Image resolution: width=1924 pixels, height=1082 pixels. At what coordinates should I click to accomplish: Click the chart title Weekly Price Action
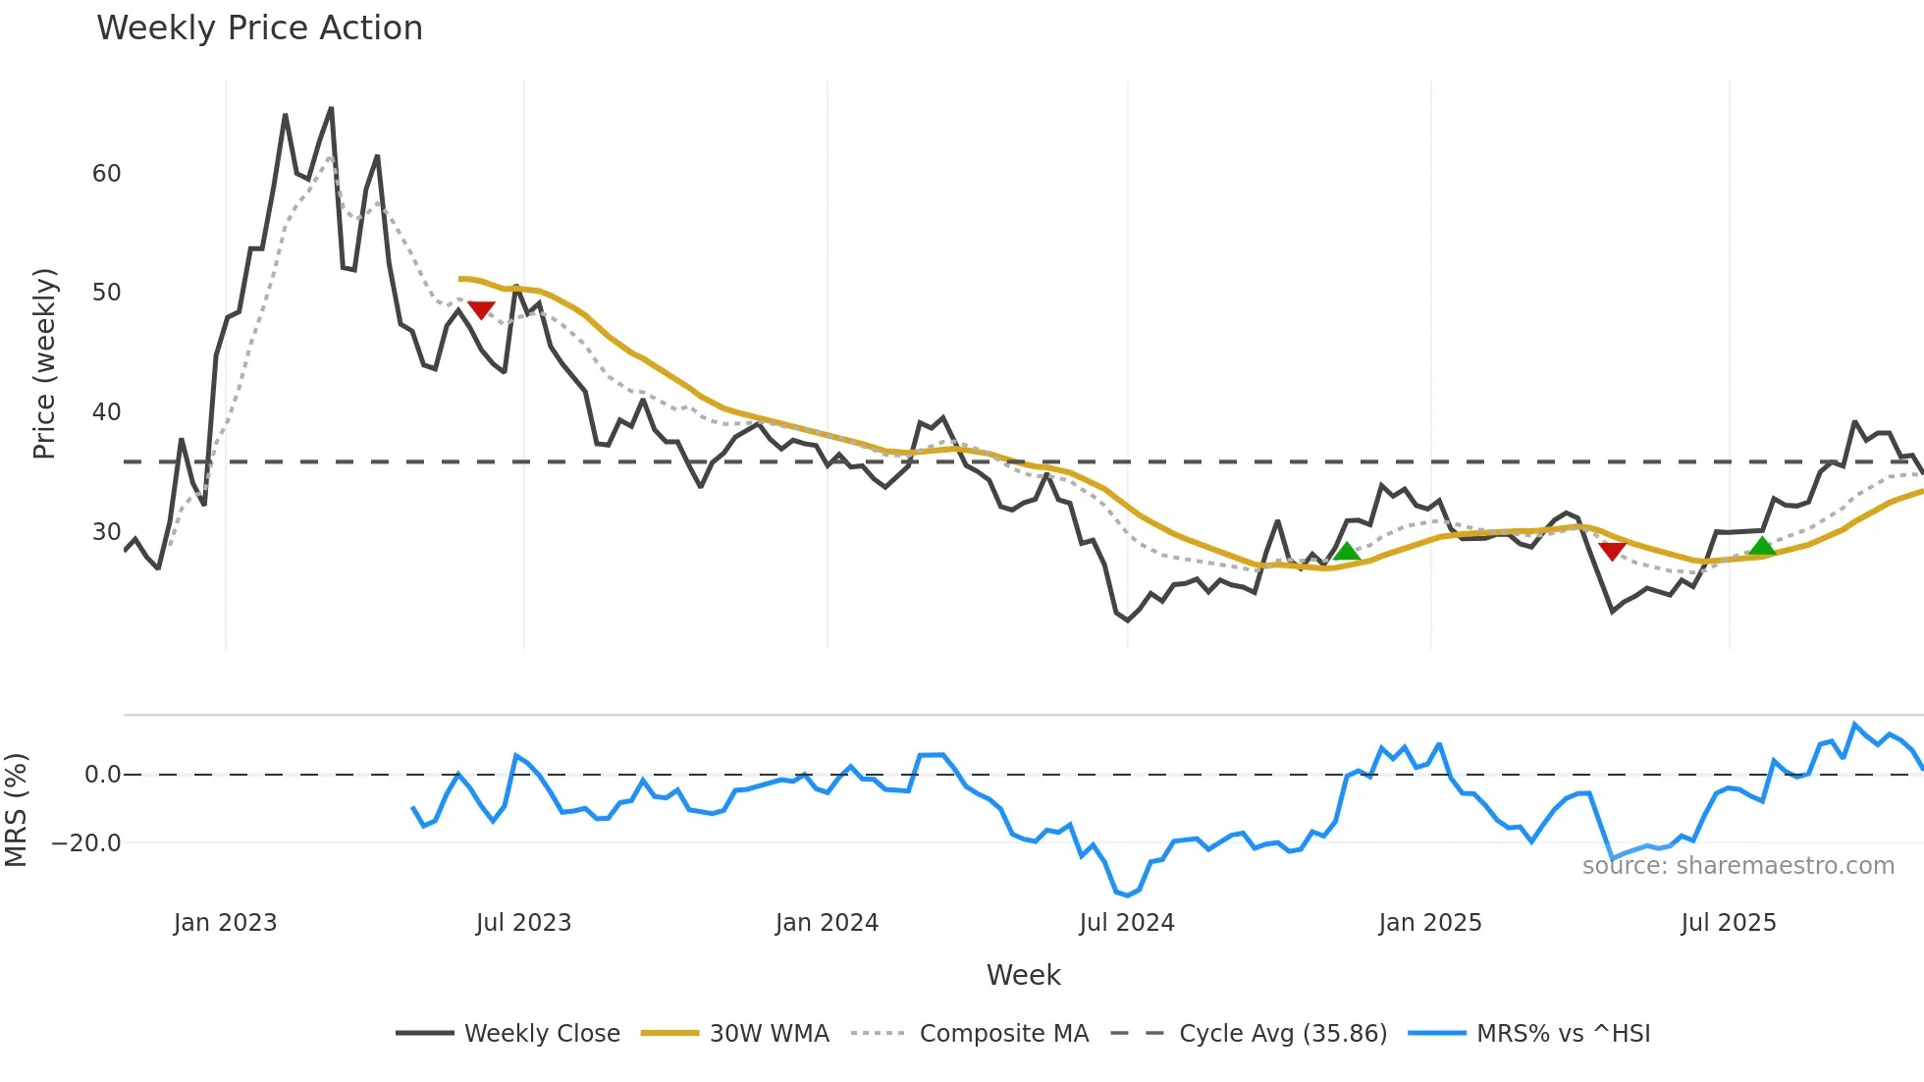pos(259,28)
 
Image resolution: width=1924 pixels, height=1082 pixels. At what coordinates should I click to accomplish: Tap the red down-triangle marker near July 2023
pos(481,310)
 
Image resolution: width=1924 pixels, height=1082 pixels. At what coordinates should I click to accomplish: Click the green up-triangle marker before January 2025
pos(1347,552)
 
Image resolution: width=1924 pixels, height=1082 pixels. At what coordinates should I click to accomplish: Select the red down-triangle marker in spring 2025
pos(1612,551)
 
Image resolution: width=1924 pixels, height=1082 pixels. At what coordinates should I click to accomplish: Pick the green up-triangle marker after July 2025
pos(1762,547)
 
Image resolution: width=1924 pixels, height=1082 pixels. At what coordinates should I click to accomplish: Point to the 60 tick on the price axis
pos(106,174)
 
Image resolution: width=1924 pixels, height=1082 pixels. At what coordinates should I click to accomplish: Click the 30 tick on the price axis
pos(106,532)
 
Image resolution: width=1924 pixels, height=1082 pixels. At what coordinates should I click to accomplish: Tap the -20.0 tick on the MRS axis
pos(86,842)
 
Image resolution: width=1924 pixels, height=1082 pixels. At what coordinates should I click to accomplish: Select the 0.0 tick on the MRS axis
pos(102,775)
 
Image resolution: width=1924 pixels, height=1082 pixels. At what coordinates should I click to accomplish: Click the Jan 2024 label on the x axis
pos(827,923)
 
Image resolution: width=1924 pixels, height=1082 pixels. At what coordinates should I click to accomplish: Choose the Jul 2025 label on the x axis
pos(1728,923)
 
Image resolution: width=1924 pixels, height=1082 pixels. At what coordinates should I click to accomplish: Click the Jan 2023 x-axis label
pos(225,923)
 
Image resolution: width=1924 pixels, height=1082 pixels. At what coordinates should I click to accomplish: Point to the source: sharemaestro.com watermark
pos(1737,866)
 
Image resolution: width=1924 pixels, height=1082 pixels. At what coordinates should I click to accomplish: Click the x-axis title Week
pos(1023,975)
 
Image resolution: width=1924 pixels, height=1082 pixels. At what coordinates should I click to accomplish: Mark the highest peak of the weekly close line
pos(331,108)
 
